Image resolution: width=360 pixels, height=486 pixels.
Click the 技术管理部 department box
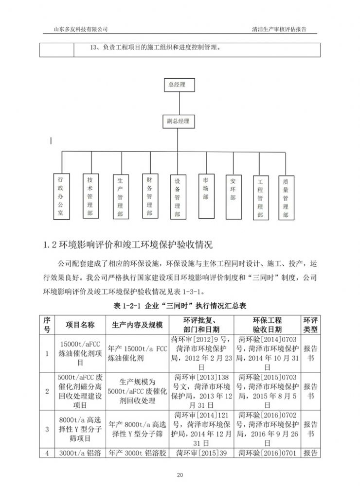tap(90, 195)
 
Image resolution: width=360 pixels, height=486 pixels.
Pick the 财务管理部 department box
tap(149, 195)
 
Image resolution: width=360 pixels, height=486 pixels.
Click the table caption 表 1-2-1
tap(180, 306)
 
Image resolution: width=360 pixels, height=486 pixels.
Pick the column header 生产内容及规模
tap(137, 325)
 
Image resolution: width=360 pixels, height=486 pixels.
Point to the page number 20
tap(180, 474)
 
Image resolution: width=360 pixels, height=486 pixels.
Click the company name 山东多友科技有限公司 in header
tap(80, 30)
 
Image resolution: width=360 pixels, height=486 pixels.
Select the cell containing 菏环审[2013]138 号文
tap(201, 390)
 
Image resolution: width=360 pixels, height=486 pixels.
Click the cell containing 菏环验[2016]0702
tap(267, 429)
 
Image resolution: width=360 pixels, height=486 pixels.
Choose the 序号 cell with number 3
tap(47, 429)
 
